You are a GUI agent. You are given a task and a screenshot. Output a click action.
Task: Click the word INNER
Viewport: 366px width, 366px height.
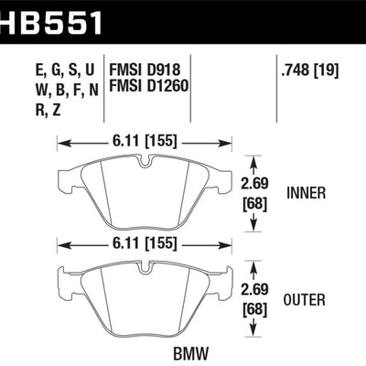[x=315, y=193]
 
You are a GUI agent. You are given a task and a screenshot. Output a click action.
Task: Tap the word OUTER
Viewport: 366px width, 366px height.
[x=315, y=299]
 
